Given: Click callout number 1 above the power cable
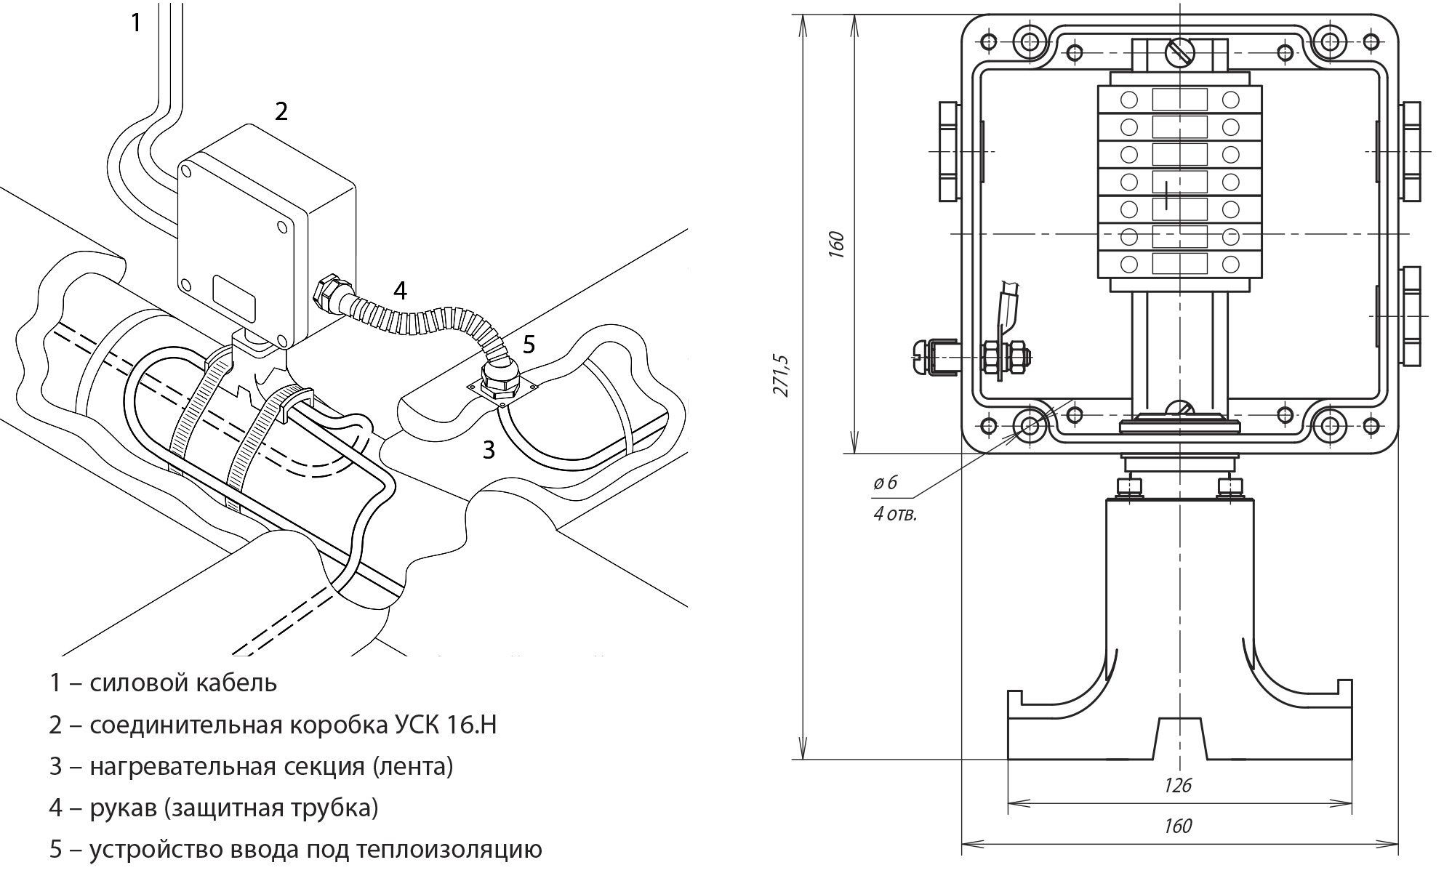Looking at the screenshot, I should point(135,23).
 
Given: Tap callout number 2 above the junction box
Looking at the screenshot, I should point(281,112).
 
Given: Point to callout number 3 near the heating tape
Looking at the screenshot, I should point(489,450).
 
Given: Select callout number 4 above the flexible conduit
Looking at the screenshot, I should point(400,291).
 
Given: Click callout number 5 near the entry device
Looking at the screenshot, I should point(529,344).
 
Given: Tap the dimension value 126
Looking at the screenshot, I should point(1178,785).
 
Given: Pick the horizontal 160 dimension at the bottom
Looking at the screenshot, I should point(1178,826).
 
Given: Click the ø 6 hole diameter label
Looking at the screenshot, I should point(886,483).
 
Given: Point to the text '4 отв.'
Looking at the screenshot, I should point(895,515).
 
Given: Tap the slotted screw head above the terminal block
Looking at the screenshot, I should point(1178,52).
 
